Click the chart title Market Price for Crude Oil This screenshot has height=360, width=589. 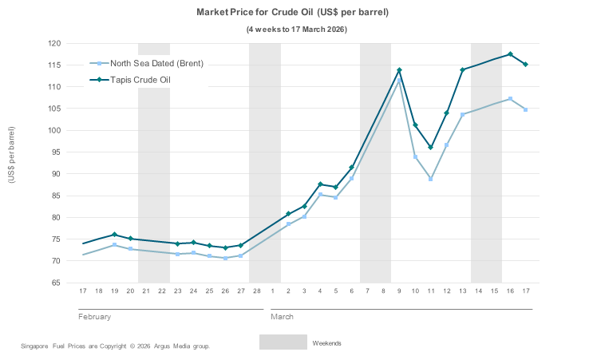[293, 13]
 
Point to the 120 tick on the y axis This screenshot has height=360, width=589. [54, 43]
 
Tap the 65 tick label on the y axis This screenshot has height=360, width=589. [57, 283]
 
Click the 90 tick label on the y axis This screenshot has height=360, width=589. [57, 174]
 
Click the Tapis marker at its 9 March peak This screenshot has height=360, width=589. [399, 70]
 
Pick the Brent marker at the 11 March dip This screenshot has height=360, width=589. [431, 179]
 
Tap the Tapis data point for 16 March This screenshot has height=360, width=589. [510, 54]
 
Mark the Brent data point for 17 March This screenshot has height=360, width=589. [525, 109]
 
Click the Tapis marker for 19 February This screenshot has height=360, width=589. [114, 235]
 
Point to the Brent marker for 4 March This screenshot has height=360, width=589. [320, 194]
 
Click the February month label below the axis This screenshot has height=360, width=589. [94, 317]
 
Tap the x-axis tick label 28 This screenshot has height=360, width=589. [257, 291]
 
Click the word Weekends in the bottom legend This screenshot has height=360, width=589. [326, 342]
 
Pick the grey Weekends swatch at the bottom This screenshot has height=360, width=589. [283, 342]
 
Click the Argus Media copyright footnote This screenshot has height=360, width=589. [115, 346]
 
